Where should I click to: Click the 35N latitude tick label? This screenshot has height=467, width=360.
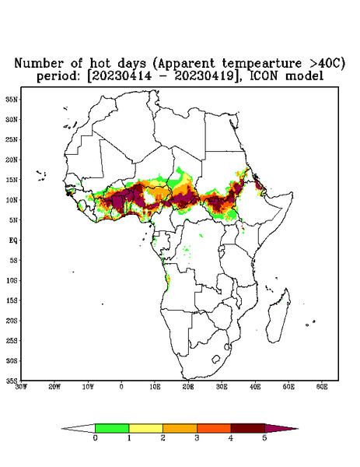(x=12, y=99)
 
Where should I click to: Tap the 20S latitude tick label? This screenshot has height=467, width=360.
(x=12, y=321)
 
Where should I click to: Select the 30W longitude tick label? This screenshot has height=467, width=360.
(x=22, y=387)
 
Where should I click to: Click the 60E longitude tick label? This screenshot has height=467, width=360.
(x=322, y=387)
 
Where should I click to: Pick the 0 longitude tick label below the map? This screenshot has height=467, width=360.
(x=121, y=387)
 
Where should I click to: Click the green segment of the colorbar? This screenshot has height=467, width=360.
(x=112, y=428)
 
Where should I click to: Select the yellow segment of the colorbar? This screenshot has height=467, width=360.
(x=145, y=428)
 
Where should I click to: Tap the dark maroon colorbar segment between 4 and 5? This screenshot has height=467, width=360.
(x=248, y=428)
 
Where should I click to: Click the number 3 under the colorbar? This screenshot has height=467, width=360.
(x=197, y=438)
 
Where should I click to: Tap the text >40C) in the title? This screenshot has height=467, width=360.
(x=325, y=63)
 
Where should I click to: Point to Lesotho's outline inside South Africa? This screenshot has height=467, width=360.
(x=216, y=359)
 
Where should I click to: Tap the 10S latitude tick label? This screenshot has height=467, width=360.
(x=12, y=280)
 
